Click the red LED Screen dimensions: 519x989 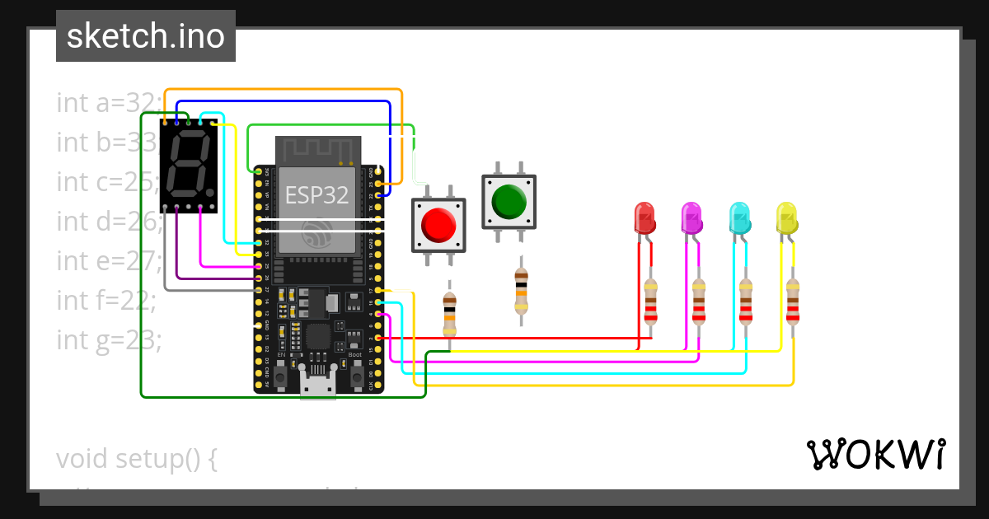tap(644, 217)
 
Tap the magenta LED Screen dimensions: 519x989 tap(691, 218)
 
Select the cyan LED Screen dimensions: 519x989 tap(739, 218)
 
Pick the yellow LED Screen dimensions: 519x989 tap(787, 218)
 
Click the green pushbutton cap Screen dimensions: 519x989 tap(509, 201)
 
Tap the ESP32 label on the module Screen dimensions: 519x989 tap(316, 195)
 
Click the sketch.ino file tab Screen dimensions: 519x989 tap(146, 36)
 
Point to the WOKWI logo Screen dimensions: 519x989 tap(874, 454)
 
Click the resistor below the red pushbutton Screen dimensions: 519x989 tap(449, 314)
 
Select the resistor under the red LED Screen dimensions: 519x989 tap(651, 301)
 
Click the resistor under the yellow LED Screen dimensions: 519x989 tap(793, 301)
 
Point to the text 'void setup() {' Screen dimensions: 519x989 tap(137, 458)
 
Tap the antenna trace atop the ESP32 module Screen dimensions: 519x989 tap(317, 150)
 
